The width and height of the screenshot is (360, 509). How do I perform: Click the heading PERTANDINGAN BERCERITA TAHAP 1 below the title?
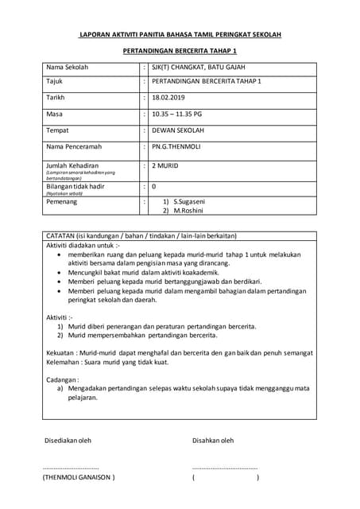pyautogui.click(x=180, y=50)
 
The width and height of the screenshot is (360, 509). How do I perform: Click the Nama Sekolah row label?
pyautogui.click(x=67, y=68)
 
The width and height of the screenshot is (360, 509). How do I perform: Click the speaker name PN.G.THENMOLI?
pyautogui.click(x=180, y=146)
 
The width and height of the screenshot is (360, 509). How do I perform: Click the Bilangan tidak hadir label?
pyautogui.click(x=75, y=185)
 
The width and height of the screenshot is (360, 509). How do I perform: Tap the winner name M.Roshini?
pyautogui.click(x=191, y=211)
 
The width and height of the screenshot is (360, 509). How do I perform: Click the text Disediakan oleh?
pyautogui.click(x=68, y=440)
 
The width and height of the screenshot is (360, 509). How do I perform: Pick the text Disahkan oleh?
pyautogui.click(x=213, y=440)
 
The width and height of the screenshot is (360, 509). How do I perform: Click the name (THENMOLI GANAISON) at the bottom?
pyautogui.click(x=79, y=477)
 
